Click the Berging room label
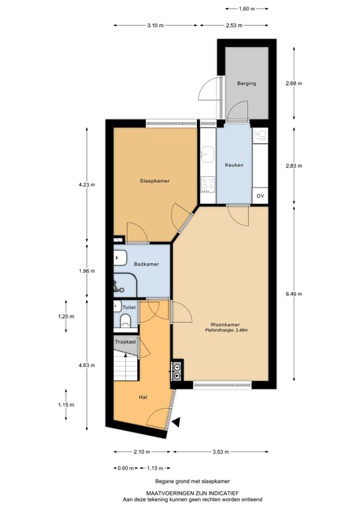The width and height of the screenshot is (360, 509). point(247,84)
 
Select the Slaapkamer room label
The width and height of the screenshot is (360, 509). point(153,180)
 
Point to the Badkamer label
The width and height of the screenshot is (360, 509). point(146,264)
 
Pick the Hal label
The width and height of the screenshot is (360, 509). point(143,397)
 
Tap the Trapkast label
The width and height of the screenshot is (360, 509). point(125,342)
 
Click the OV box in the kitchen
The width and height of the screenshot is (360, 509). point(261,196)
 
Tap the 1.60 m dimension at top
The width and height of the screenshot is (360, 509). point(249,9)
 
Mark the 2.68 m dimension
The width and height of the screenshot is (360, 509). point(293,84)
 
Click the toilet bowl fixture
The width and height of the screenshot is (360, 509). point(125,321)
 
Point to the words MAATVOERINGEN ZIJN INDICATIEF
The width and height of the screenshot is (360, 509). point(179,492)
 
